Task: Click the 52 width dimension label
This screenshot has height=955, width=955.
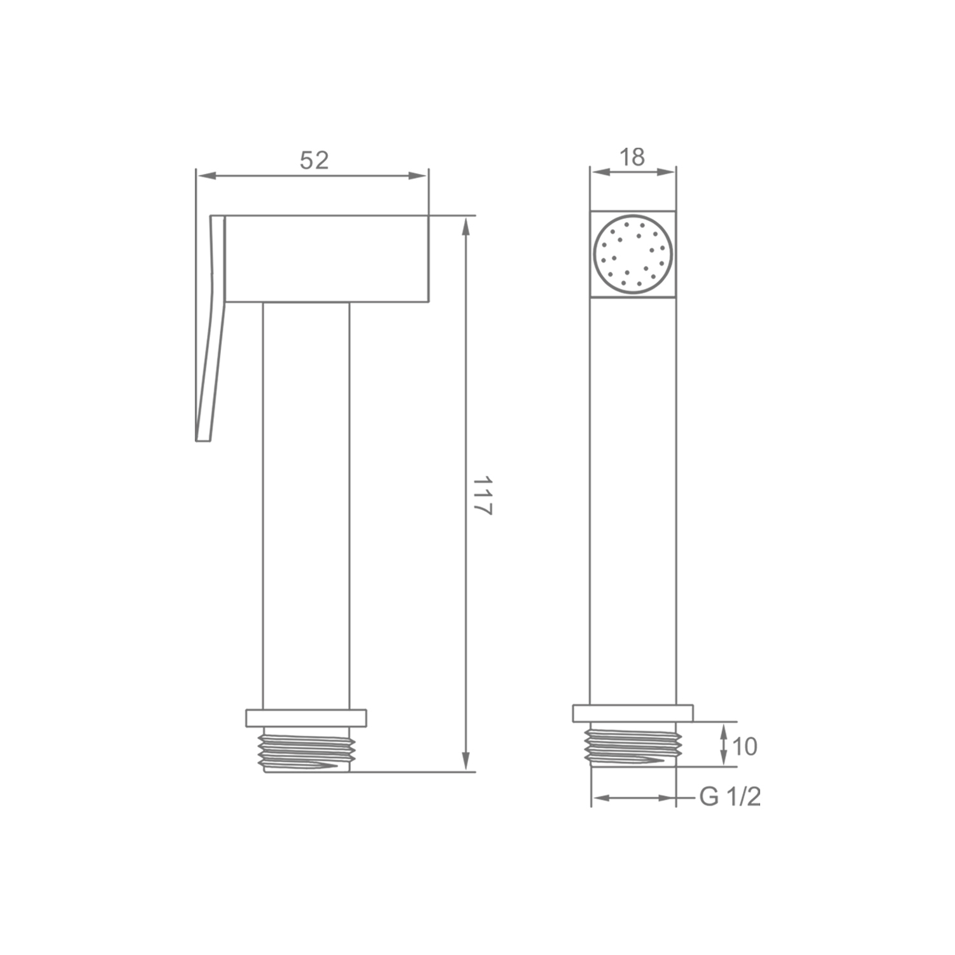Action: pos(314,160)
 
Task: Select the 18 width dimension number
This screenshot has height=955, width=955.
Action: pos(632,157)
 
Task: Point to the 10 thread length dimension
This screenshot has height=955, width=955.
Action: pos(745,746)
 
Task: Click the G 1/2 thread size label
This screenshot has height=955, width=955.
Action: pos(730,796)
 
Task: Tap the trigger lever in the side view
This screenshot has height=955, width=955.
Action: pos(209,328)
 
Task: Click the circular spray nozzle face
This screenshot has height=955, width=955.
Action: pos(633,254)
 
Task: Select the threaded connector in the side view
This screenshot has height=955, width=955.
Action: pos(306,749)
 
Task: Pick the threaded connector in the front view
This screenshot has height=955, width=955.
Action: pos(633,745)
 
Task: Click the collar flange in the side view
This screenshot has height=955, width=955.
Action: pos(306,718)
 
